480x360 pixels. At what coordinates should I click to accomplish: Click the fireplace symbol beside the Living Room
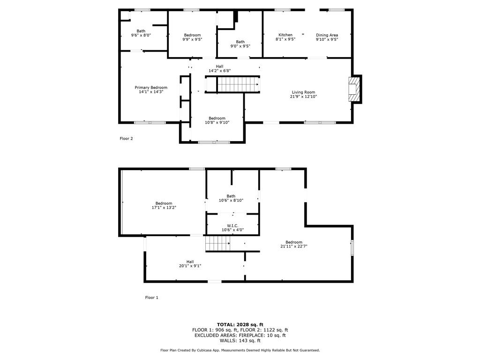click(354, 89)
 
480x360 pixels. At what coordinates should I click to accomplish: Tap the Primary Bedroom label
click(151, 88)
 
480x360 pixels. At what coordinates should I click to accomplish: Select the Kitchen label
click(285, 35)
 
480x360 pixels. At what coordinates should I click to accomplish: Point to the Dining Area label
click(327, 35)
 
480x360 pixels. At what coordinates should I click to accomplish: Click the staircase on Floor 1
click(217, 243)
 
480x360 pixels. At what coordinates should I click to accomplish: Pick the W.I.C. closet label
click(232, 225)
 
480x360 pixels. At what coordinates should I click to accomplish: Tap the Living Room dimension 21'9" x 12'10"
click(303, 97)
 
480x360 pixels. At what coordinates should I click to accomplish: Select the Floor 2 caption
click(126, 138)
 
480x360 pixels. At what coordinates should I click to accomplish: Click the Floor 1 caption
click(151, 297)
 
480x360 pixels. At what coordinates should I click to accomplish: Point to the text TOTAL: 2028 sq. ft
click(240, 324)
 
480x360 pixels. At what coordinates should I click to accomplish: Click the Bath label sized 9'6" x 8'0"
click(141, 31)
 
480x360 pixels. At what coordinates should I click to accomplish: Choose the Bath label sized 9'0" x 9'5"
click(240, 42)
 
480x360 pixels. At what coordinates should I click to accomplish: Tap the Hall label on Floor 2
click(219, 66)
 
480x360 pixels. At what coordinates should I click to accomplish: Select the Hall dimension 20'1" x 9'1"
click(190, 266)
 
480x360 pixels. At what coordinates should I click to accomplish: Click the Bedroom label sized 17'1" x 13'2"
click(164, 203)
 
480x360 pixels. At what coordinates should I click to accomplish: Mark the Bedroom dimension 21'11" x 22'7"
click(294, 246)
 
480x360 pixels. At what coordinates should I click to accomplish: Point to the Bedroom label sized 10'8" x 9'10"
click(217, 118)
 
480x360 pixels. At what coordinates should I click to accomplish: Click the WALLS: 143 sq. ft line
click(240, 340)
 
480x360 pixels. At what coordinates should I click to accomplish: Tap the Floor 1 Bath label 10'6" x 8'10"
click(231, 196)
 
